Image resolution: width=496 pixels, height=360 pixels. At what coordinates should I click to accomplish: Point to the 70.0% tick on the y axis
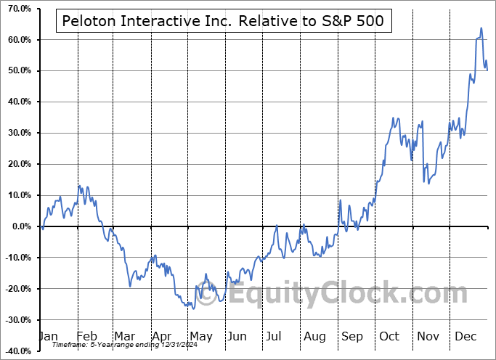[17, 8]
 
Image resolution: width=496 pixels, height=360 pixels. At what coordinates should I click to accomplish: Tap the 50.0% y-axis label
[17, 70]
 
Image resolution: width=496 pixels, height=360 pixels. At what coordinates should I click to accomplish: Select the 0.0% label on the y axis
[19, 226]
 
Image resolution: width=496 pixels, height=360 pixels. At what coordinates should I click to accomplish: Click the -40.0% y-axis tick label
[15, 351]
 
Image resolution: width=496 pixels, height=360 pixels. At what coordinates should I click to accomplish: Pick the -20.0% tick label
[15, 289]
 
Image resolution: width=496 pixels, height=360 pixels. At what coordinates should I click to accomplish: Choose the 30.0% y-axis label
[17, 133]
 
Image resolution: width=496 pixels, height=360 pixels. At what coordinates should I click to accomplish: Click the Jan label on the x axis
[48, 337]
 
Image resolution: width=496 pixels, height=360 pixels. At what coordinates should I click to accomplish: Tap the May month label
[200, 337]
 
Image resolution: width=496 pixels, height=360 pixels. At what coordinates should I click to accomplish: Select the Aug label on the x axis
[314, 337]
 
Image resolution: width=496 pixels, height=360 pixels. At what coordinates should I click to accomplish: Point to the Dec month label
[466, 337]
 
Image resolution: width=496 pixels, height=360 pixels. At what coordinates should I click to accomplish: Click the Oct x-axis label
[390, 337]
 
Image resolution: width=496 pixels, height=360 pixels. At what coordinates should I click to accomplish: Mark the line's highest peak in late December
[481, 28]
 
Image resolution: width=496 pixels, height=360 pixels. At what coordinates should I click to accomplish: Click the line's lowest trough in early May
[193, 308]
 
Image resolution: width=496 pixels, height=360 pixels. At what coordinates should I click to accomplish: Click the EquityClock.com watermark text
[341, 294]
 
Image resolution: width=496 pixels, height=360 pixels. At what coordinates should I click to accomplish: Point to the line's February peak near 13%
[80, 186]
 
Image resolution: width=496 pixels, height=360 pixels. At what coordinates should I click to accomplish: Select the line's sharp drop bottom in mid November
[428, 184]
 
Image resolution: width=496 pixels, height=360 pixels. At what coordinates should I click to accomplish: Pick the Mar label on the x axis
[125, 337]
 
